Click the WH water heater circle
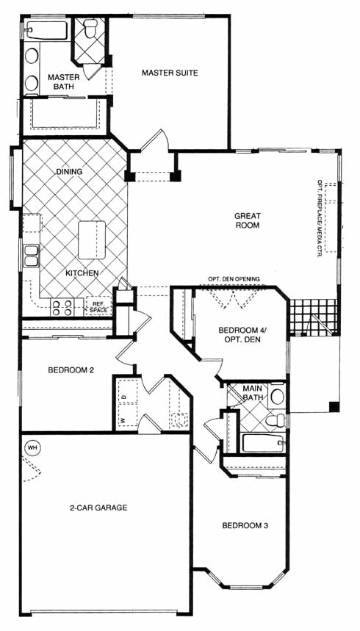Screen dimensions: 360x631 [x=32, y=447]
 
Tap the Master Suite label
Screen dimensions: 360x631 [x=170, y=73]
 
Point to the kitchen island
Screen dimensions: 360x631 [x=92, y=240]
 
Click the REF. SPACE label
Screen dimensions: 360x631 [x=98, y=308]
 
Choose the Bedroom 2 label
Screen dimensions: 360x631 [x=71, y=369]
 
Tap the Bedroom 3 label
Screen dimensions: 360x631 [x=245, y=525]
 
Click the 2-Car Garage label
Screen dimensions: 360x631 [x=98, y=508]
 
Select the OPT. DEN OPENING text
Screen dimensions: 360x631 [x=234, y=278]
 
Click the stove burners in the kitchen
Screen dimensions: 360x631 [x=62, y=308]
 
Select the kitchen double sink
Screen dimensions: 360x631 [x=31, y=256]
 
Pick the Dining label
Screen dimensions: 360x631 [x=69, y=171]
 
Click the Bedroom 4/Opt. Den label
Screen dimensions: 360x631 [x=240, y=335]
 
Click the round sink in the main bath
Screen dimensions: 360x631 [x=277, y=397]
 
